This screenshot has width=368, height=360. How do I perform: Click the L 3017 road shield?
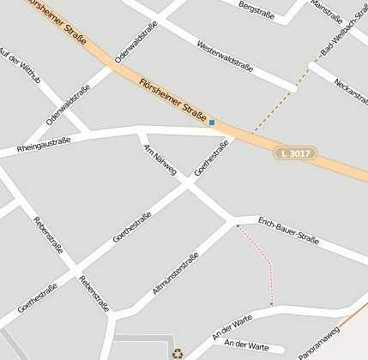point(295,153)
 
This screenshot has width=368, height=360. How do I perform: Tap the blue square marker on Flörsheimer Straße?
point(212,123)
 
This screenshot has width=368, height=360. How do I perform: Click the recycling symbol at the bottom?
point(177,352)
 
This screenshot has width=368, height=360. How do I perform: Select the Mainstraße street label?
point(327,12)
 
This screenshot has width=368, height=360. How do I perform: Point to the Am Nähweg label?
point(160,159)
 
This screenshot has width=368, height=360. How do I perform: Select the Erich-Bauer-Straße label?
point(288,230)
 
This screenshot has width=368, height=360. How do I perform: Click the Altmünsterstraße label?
point(176,273)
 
